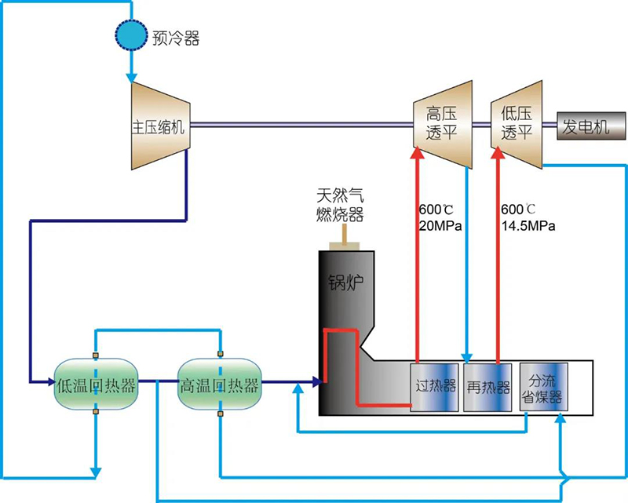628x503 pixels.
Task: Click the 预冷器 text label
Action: coord(177,38)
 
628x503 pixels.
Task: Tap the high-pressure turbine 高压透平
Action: coord(442,124)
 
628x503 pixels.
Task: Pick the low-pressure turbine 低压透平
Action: coord(517,124)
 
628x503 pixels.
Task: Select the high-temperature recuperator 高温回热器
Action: coord(220,385)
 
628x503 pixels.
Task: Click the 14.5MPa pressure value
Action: coord(528,227)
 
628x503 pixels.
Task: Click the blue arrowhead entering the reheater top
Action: coord(469,356)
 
